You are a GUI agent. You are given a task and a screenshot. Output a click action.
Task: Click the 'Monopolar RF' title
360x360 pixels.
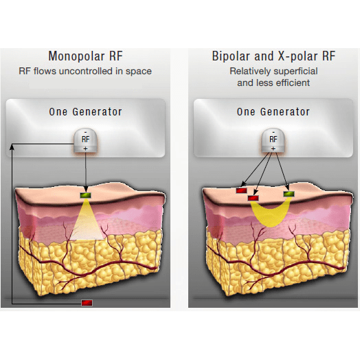click(x=85, y=56)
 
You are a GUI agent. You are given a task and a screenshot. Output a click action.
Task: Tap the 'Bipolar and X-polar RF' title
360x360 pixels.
click(x=273, y=56)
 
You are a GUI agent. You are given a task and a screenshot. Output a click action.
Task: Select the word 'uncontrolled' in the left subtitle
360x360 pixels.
click(x=86, y=71)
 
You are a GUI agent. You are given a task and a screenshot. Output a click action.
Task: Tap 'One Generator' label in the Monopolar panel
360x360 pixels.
click(x=85, y=112)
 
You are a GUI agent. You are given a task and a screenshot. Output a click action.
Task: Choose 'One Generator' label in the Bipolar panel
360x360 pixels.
click(x=273, y=112)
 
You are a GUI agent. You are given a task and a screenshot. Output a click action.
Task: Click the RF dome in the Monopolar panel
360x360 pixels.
click(x=85, y=140)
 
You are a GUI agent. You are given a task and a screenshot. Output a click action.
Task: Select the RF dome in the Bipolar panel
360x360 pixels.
click(x=273, y=140)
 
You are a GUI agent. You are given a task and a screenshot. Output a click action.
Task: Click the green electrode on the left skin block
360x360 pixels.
click(x=85, y=195)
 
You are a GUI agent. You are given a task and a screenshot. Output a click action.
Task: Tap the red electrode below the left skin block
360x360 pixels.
click(x=87, y=303)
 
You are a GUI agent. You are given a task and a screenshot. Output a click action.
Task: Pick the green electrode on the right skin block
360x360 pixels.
click(x=289, y=194)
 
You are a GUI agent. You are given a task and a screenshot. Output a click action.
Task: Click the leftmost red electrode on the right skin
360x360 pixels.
click(x=242, y=190)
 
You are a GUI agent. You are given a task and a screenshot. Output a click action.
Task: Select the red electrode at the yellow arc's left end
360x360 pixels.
click(x=254, y=198)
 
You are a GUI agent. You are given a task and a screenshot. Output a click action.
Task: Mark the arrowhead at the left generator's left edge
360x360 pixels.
click(x=12, y=147)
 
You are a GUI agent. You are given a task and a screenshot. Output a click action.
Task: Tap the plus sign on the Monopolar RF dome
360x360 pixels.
click(x=85, y=148)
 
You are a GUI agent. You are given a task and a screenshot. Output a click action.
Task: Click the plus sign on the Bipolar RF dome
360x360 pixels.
click(x=273, y=148)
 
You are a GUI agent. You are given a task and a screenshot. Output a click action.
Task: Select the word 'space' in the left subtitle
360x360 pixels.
click(x=139, y=71)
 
